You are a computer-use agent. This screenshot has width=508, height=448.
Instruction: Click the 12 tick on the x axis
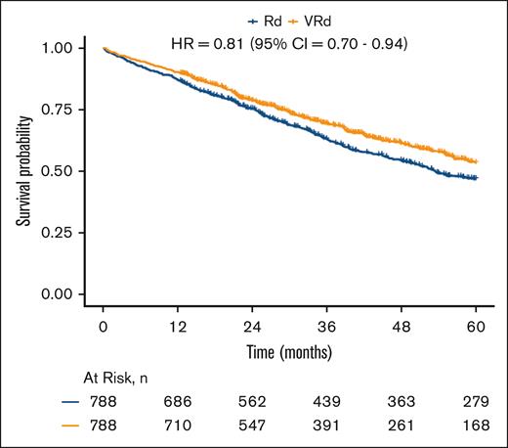coord(178,328)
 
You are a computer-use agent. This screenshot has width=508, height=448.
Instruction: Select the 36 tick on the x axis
coord(327,328)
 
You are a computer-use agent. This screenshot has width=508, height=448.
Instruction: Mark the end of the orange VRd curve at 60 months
coord(477,160)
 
